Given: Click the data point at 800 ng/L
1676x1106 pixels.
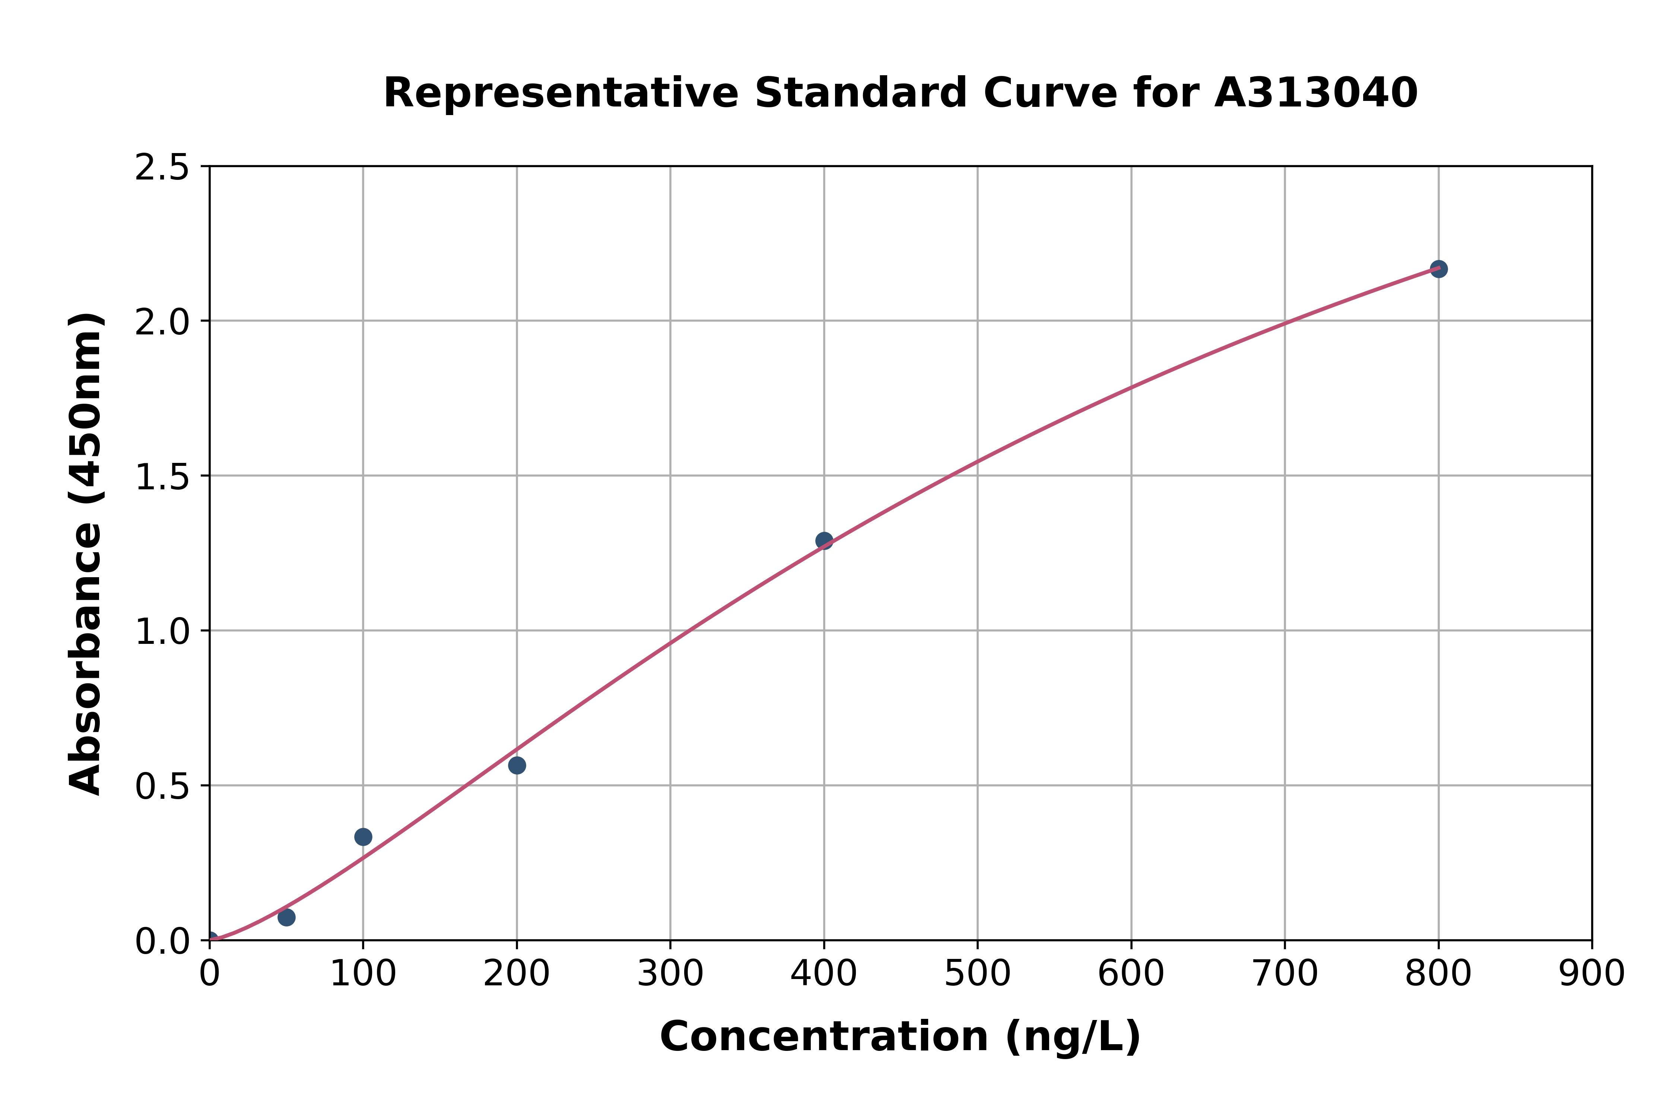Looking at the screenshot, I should pyautogui.click(x=1438, y=269).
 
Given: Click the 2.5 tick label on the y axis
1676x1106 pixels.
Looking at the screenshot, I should pyautogui.click(x=162, y=168).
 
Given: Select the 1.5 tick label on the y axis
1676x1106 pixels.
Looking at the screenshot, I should pyautogui.click(x=162, y=477).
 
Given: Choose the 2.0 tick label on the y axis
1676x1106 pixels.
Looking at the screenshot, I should pyautogui.click(x=162, y=322).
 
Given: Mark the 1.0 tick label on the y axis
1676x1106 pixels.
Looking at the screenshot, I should pyautogui.click(x=162, y=632).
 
